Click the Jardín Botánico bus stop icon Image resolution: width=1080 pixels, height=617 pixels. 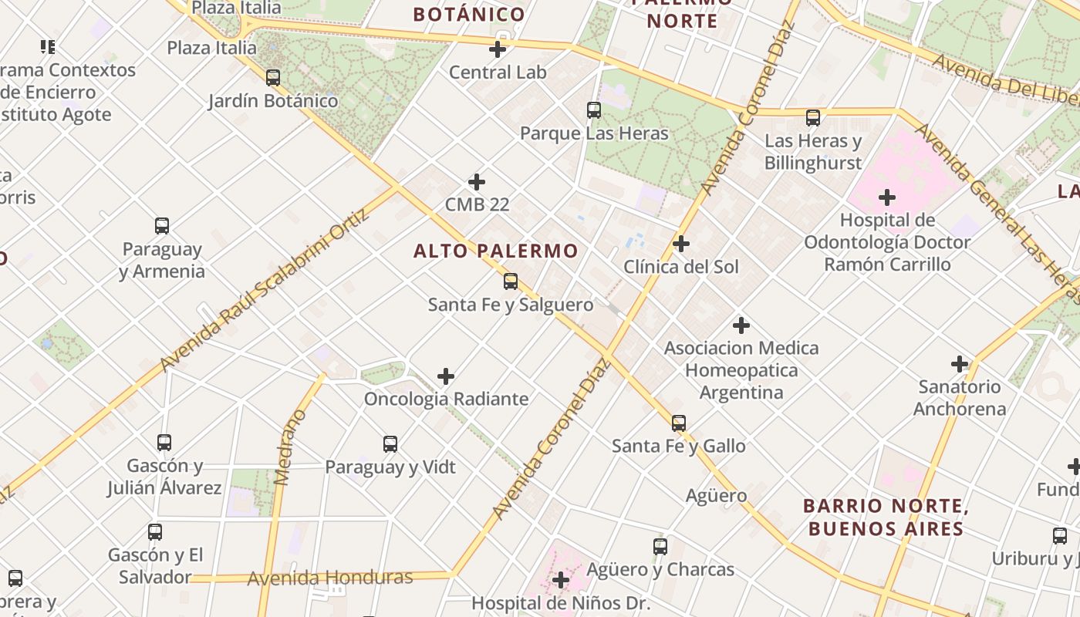pos(273,78)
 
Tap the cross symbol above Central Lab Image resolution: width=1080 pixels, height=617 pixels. pos(498,49)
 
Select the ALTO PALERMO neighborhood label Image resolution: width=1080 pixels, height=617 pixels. pos(495,251)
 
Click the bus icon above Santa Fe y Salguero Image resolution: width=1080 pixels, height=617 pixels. pos(510,282)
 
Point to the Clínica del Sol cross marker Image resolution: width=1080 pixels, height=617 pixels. pos(680,244)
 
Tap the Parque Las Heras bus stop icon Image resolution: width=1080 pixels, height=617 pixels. pos(593,110)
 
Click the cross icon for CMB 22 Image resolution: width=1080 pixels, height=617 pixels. pos(477,182)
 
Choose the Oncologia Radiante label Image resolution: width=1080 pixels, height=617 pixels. pos(446,399)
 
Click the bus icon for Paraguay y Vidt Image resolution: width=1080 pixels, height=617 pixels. pos(390,444)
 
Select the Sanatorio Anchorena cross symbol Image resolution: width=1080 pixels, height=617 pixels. pos(960,363)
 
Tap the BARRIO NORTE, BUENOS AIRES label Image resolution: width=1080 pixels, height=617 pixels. pos(885,518)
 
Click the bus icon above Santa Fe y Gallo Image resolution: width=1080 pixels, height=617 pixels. pos(678,423)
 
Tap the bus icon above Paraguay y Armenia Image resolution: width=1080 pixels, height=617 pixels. pos(162,226)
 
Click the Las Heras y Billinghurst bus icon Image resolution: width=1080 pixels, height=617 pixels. pos(813,118)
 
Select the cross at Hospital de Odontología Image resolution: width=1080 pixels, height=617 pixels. pos(887,197)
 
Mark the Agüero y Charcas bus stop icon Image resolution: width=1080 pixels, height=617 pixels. pos(660,547)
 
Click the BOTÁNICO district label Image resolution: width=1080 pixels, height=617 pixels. pos(469,14)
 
